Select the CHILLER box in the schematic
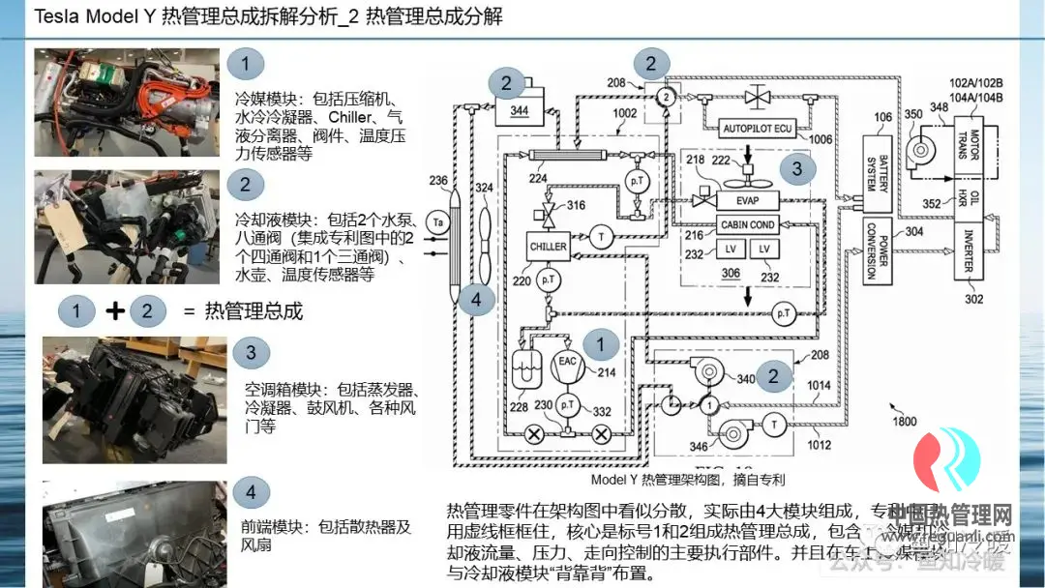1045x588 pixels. [x=548, y=247]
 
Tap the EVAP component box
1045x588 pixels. [x=747, y=200]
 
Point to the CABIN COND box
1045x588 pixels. [x=748, y=224]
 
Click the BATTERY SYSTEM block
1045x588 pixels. [x=877, y=175]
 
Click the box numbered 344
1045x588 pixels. [x=520, y=110]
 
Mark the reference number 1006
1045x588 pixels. [x=821, y=139]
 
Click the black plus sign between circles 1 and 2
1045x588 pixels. [x=115, y=310]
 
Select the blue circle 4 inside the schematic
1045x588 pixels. [x=475, y=299]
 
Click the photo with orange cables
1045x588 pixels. [x=127, y=103]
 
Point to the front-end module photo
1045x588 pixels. [x=134, y=533]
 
